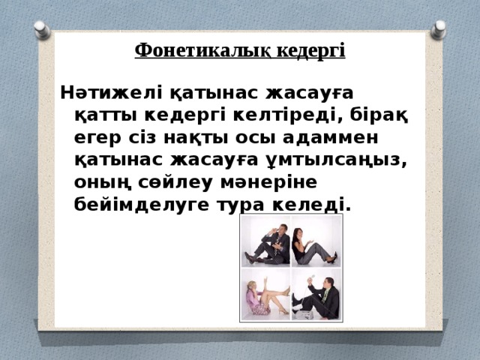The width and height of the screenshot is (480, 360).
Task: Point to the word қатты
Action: click(108, 115)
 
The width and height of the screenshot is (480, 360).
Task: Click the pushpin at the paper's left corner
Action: click(41, 30)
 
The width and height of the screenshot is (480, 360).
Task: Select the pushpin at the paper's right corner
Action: click(437, 30)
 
